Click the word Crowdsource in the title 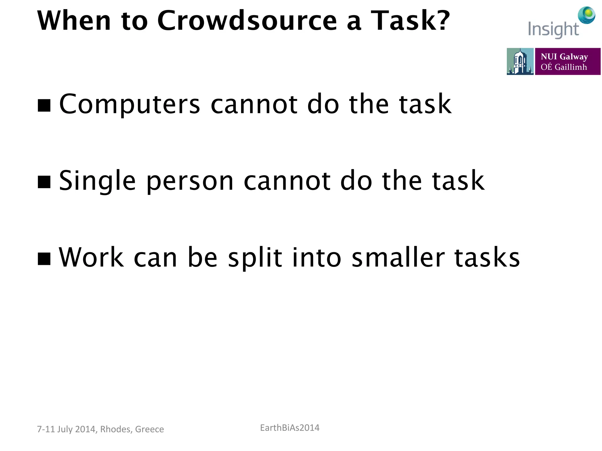click(x=247, y=21)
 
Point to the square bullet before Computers click(x=44, y=105)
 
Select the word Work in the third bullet click(x=91, y=257)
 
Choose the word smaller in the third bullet click(x=398, y=257)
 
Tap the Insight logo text click(x=553, y=30)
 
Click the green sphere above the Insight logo click(x=586, y=15)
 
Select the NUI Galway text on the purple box click(x=564, y=56)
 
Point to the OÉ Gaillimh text click(x=563, y=67)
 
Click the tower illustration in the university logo click(x=520, y=61)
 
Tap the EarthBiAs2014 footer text click(x=290, y=428)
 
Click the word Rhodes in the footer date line click(x=115, y=429)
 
